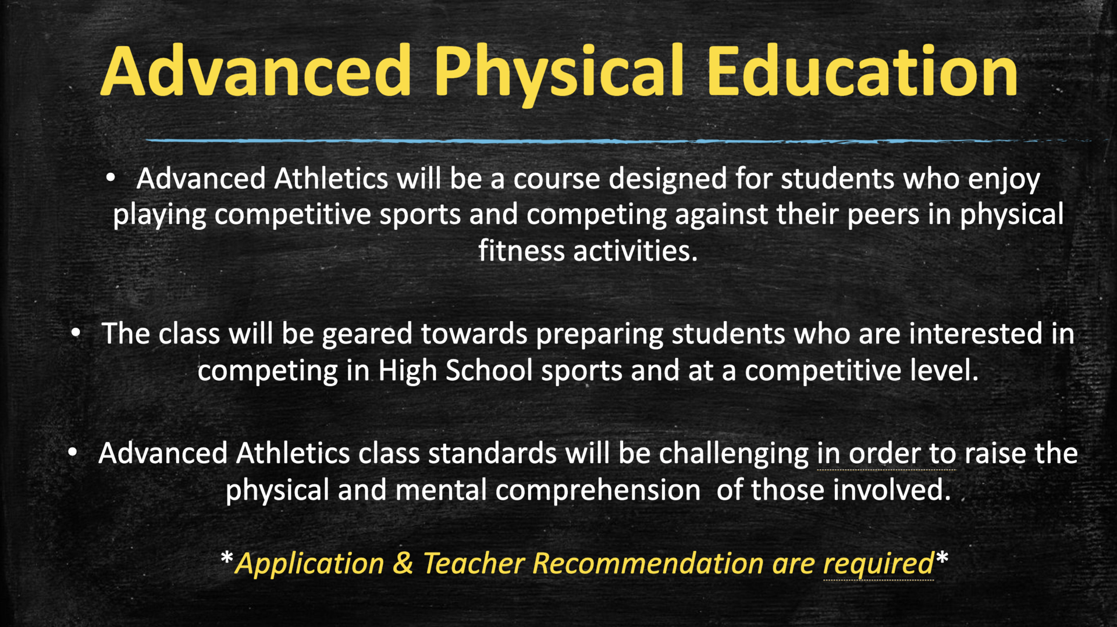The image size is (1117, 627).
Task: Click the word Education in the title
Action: coord(862,71)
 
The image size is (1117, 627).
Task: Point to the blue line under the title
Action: coord(617,141)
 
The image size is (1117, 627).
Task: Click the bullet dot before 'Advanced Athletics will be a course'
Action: coord(111,178)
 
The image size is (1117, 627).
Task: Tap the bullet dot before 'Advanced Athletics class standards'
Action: coord(72,453)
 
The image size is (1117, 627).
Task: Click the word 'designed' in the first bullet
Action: coord(668,179)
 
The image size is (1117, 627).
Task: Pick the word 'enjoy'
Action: coord(1004,180)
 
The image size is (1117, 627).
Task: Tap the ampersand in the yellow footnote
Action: coord(403,563)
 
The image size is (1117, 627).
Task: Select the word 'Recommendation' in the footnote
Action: coord(648,563)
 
